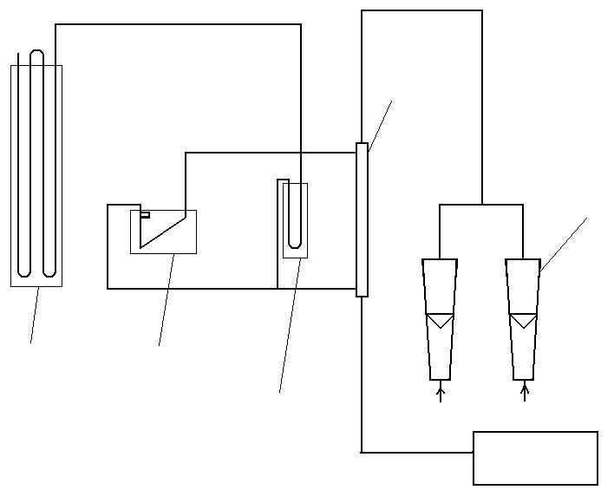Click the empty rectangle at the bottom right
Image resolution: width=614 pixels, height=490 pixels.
535,458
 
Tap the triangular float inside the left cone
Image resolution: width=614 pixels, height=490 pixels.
440,321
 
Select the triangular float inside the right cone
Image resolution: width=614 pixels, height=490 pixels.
523,321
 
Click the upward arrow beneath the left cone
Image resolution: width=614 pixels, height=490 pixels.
441,393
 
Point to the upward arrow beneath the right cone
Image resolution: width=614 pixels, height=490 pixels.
524,393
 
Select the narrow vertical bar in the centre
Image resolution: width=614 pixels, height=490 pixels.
362,220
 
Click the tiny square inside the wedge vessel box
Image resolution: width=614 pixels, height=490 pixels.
145,214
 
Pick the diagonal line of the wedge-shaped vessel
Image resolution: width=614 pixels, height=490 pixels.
163,232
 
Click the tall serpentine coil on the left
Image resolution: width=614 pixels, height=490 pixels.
36,173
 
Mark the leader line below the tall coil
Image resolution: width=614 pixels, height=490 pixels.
35,315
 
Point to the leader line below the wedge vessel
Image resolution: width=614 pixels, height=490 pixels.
166,300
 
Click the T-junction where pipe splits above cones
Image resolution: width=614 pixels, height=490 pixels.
481,205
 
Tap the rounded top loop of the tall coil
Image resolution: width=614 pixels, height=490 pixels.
36,55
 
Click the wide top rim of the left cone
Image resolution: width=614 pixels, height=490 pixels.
440,260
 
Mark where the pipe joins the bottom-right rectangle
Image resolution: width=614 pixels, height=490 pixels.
474,452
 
